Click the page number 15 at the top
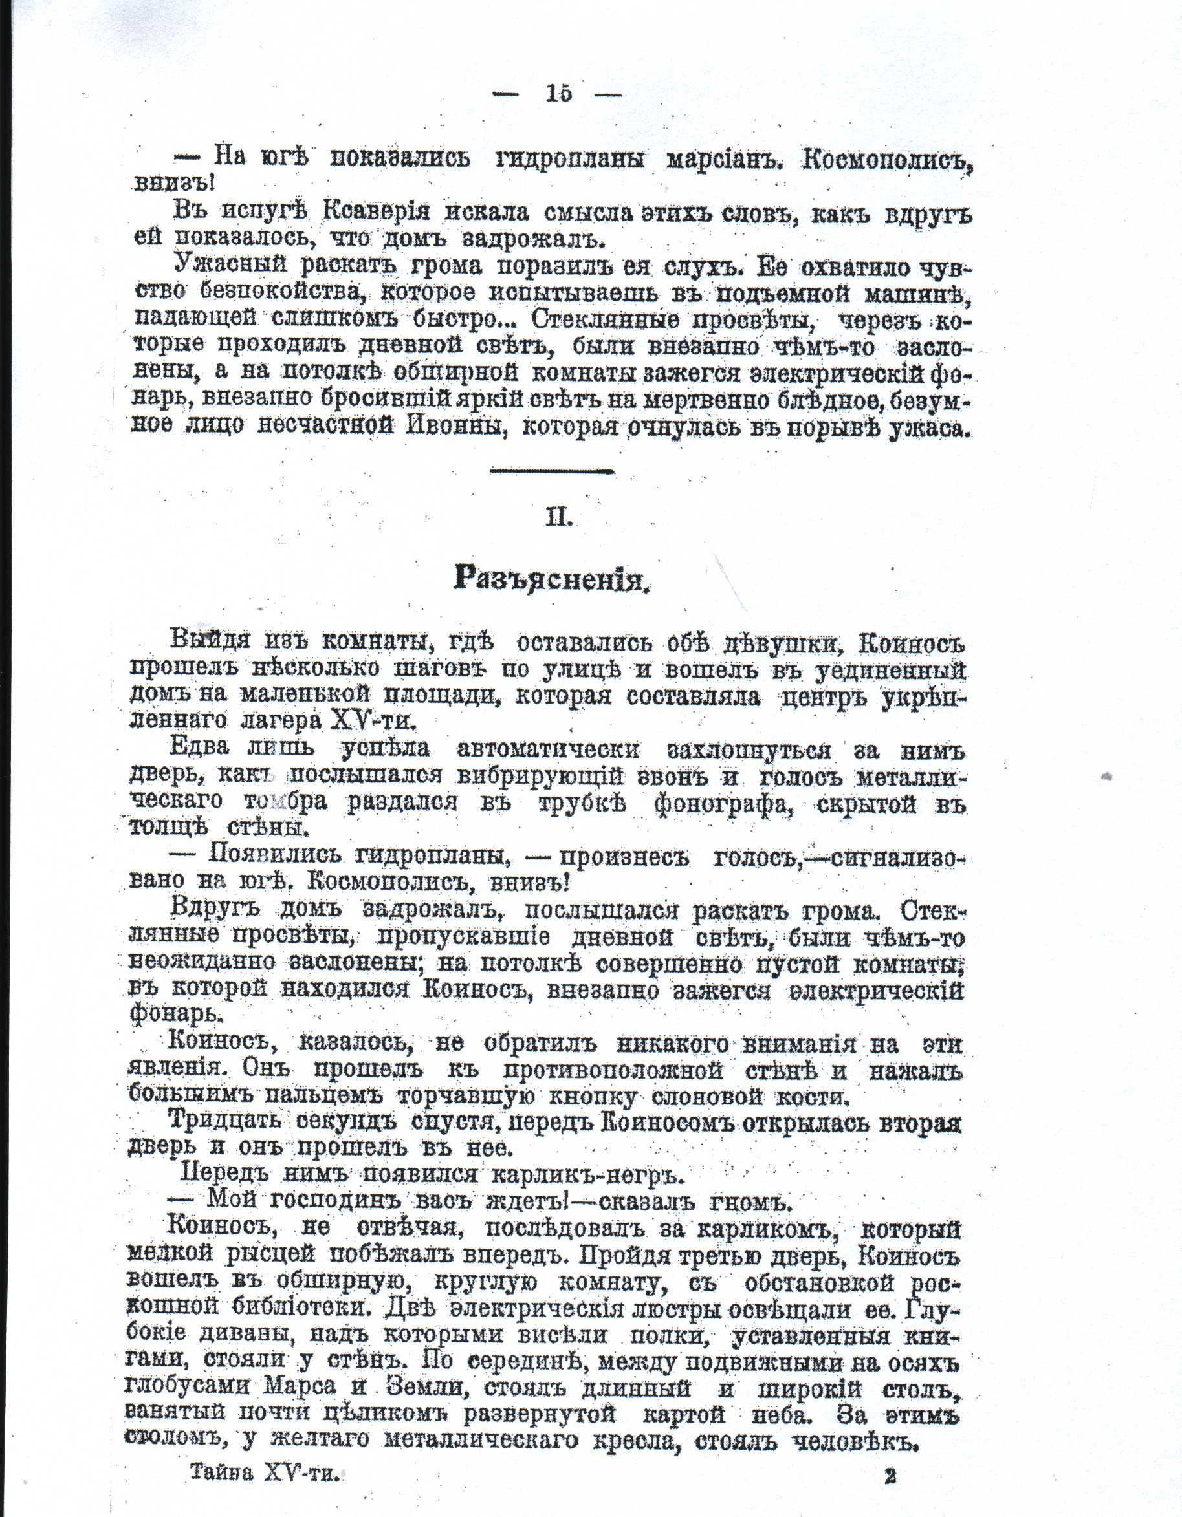pos(559,93)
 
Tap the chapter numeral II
pos(559,517)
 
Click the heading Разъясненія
pos(553,577)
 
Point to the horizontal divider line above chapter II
pos(553,471)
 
